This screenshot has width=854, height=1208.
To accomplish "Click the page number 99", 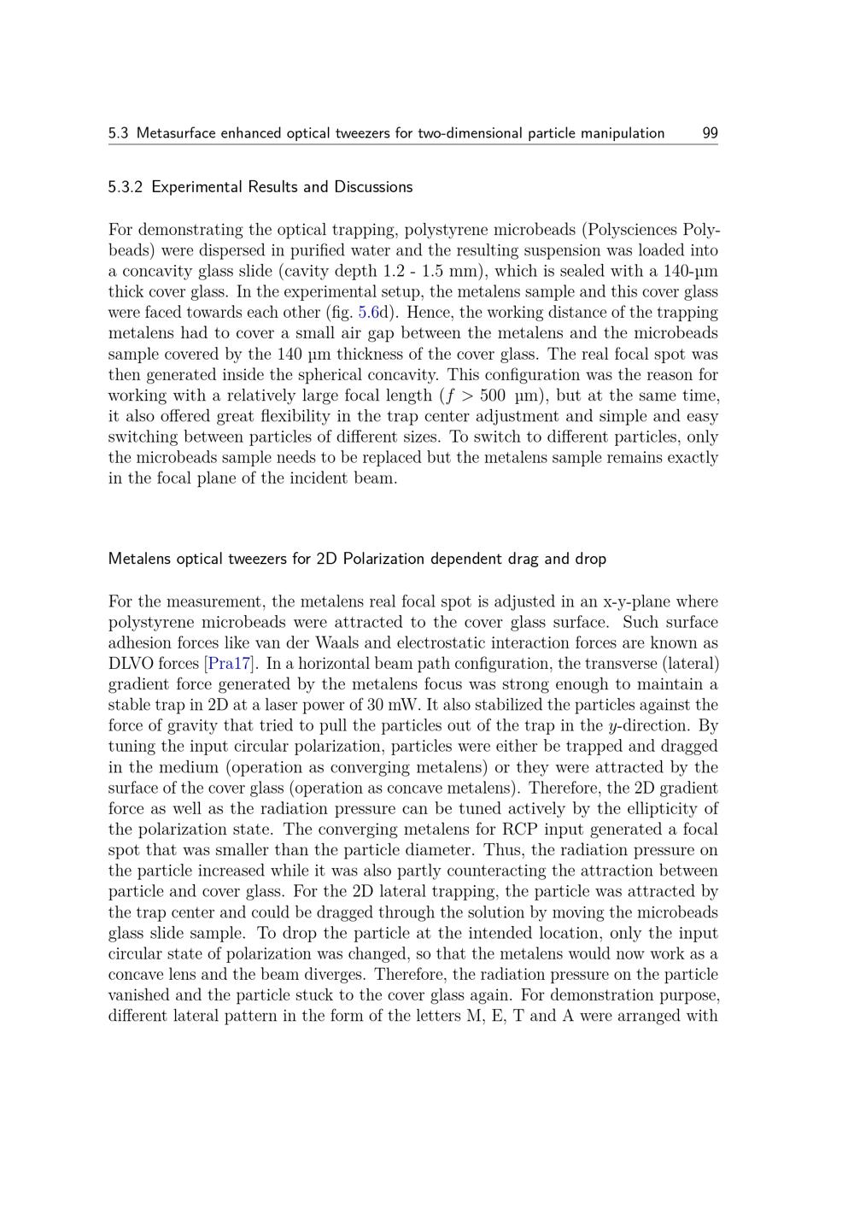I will [x=710, y=133].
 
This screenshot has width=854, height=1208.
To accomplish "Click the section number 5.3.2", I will [x=126, y=187].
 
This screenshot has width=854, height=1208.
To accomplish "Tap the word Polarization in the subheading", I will [x=383, y=560].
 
